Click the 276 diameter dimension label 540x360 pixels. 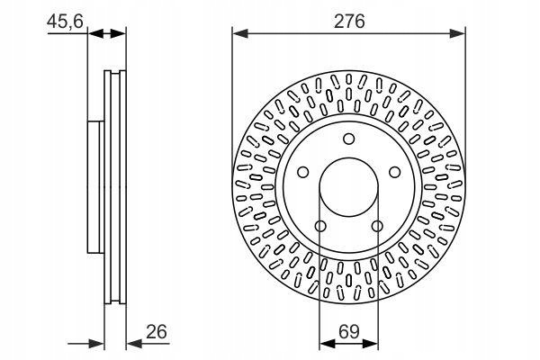[x=349, y=22]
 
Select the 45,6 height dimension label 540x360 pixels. [x=65, y=22]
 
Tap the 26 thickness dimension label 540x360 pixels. [x=157, y=331]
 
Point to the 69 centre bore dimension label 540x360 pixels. [x=349, y=332]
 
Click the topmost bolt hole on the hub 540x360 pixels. [x=349, y=139]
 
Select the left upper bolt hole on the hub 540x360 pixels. [x=303, y=172]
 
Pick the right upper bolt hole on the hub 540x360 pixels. [x=395, y=172]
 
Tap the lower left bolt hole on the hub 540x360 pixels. [x=320, y=226]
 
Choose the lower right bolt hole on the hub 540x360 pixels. [x=377, y=226]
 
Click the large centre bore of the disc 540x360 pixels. [x=349, y=187]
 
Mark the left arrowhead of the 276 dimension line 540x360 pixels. [x=240, y=33]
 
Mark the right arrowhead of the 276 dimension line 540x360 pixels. [x=458, y=33]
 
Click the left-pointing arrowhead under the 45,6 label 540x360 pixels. [x=96, y=33]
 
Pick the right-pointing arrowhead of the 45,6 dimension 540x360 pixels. [x=118, y=33]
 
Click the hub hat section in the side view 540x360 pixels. [x=95, y=187]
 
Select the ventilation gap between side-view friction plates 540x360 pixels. [x=115, y=187]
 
